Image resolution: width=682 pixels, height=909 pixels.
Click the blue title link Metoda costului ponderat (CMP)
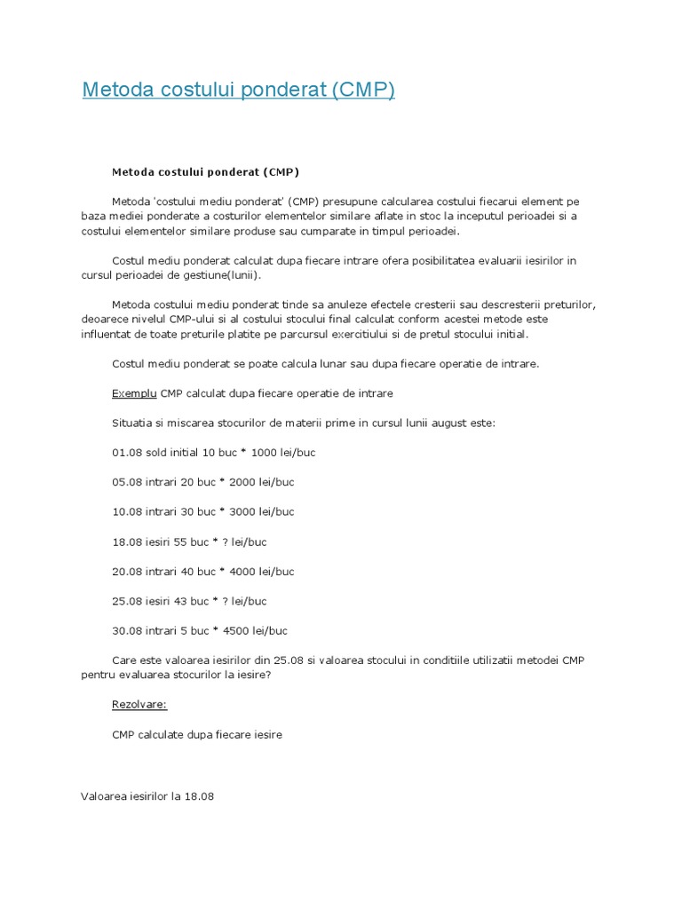point(238,91)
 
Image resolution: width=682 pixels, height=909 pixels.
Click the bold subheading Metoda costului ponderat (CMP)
point(205,171)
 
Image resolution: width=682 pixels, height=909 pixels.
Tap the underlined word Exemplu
point(134,392)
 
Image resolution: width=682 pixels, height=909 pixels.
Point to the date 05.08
point(127,482)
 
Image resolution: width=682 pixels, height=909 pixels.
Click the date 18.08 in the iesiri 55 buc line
point(127,541)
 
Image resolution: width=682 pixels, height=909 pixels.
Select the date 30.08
point(127,631)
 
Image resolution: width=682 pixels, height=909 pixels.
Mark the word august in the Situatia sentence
point(454,423)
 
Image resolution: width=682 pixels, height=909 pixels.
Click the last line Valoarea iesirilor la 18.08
point(147,796)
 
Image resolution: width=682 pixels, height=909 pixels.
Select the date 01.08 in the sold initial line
point(127,452)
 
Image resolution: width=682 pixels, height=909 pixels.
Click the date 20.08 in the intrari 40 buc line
point(127,572)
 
